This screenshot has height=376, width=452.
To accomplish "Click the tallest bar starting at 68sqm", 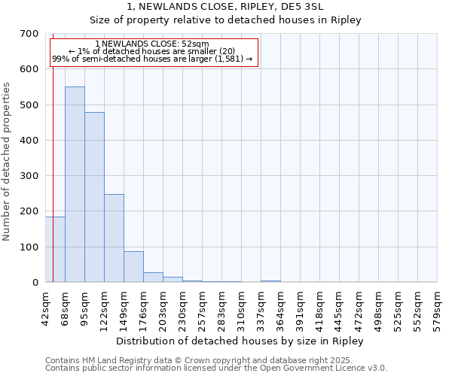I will pyautogui.click(x=75, y=184).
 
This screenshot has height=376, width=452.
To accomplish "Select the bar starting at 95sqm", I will pyautogui.click(x=94, y=197).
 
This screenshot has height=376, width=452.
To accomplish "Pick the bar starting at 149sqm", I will pyautogui.click(x=133, y=267).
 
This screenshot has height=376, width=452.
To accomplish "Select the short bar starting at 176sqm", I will pyautogui.click(x=153, y=277).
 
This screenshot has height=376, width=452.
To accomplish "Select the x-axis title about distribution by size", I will pyautogui.click(x=241, y=341).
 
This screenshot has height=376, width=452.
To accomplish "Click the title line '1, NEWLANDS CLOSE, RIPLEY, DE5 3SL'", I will pyautogui.click(x=225, y=6).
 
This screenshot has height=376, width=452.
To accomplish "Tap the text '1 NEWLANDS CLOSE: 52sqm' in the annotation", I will pyautogui.click(x=153, y=44).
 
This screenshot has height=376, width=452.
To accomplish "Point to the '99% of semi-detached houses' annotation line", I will pyautogui.click(x=153, y=59).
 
